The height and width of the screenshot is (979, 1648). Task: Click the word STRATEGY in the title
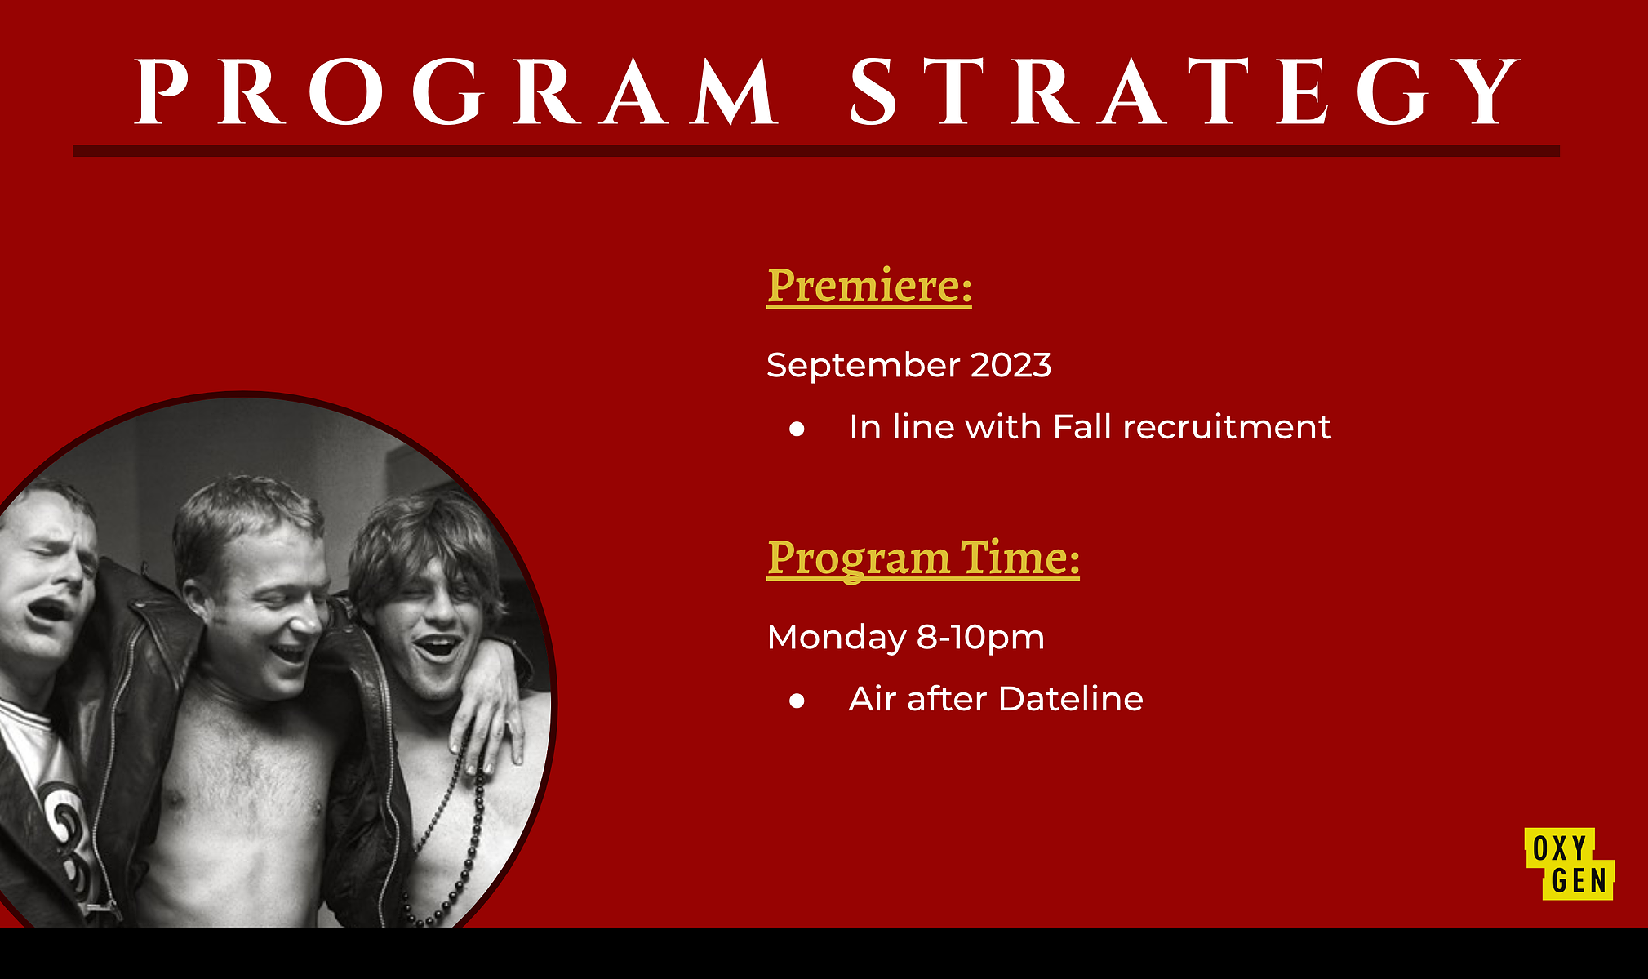point(1184,91)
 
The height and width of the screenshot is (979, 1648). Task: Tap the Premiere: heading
point(869,286)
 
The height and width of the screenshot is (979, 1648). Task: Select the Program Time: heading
point(923,559)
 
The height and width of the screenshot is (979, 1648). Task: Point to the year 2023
point(1011,364)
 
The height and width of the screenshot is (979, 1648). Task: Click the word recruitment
point(1227,427)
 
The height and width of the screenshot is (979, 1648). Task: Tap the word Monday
point(836,638)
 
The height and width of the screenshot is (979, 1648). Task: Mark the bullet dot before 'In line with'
point(797,429)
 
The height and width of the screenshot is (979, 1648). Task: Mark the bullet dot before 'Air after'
point(797,701)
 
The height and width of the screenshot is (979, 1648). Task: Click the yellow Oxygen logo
point(1570,864)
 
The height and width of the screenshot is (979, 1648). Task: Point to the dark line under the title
point(816,151)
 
